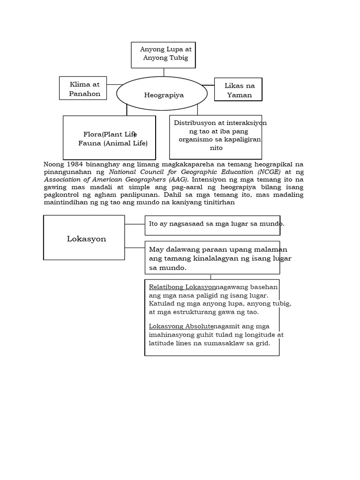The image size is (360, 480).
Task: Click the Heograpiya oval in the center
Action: (162, 95)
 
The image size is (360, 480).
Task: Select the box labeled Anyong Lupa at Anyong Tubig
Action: (164, 54)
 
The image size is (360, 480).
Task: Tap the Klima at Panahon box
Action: (83, 89)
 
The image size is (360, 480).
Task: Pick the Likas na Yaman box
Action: (238, 90)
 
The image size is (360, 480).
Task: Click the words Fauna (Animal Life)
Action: (113, 143)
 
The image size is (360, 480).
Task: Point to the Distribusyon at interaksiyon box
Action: (216, 136)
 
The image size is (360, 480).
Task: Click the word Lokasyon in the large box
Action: (86, 239)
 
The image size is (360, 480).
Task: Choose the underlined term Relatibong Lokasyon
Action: (182, 287)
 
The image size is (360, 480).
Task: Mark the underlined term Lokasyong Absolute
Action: (181, 326)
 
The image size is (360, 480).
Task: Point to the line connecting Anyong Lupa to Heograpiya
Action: (164, 72)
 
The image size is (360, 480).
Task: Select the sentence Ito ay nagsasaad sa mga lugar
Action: (216, 224)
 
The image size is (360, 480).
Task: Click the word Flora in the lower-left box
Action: (93, 135)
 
